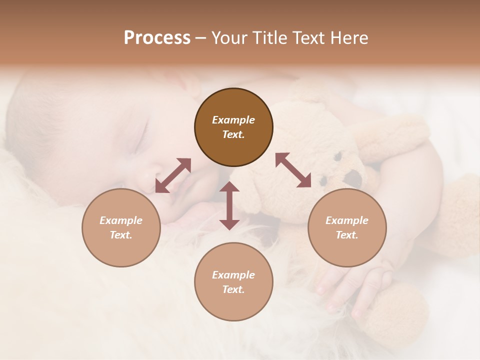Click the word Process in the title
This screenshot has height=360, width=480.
point(157,38)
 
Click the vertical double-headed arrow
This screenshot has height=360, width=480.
point(229,205)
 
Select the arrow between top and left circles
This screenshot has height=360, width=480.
point(173,175)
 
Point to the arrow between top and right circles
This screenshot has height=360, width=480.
point(293,170)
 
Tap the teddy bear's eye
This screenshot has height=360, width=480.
point(337,156)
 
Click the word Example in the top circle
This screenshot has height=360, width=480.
point(233,120)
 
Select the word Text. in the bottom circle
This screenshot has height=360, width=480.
point(233,289)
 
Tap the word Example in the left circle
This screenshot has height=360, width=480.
point(121,220)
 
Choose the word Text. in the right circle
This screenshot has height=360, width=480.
point(347,235)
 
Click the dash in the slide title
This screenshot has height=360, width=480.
point(200,38)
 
